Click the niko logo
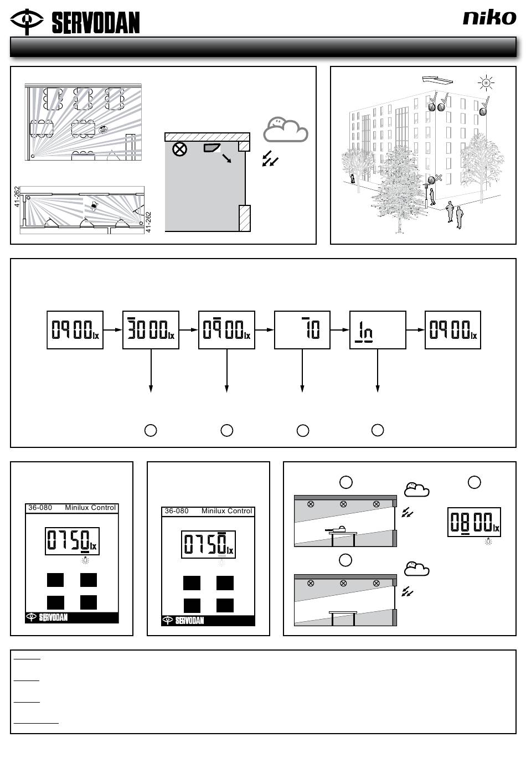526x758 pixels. pyautogui.click(x=489, y=17)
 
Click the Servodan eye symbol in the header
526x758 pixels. pyautogui.click(x=27, y=22)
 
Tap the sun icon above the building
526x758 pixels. pyautogui.click(x=486, y=82)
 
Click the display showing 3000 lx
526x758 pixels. pyautogui.click(x=151, y=330)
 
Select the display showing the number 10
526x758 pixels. pyautogui.click(x=302, y=330)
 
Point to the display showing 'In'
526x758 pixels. pyautogui.click(x=378, y=330)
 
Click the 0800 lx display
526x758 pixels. pyautogui.click(x=474, y=522)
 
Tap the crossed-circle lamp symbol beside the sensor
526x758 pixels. pyautogui.click(x=179, y=149)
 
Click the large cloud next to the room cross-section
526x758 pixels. pyautogui.click(x=286, y=130)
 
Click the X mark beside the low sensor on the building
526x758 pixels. pyautogui.click(x=439, y=177)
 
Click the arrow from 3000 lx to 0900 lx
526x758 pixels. pyautogui.click(x=189, y=329)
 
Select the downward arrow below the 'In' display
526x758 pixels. pyautogui.click(x=378, y=370)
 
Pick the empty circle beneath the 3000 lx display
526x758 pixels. pyautogui.click(x=151, y=430)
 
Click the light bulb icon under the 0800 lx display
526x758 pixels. pyautogui.click(x=488, y=542)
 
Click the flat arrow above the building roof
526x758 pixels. pyautogui.click(x=437, y=80)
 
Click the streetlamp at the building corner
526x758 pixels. pyautogui.click(x=426, y=196)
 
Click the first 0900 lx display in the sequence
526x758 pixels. pyautogui.click(x=75, y=330)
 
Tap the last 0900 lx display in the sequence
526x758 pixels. pyautogui.click(x=453, y=330)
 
